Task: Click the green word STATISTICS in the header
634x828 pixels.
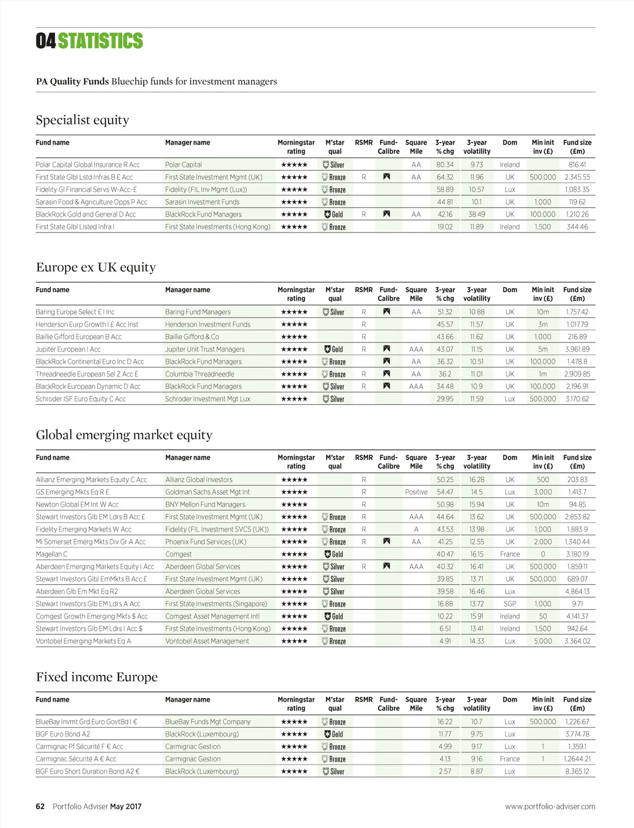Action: pyautogui.click(x=100, y=41)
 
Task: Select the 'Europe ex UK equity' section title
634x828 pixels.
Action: pyautogui.click(x=96, y=267)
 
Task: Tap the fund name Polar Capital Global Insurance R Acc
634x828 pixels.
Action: pyautogui.click(x=88, y=165)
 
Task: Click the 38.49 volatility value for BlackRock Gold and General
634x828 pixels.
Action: pyautogui.click(x=477, y=215)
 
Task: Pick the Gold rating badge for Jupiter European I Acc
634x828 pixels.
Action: pyautogui.click(x=334, y=349)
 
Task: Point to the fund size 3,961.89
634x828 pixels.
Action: pyautogui.click(x=577, y=349)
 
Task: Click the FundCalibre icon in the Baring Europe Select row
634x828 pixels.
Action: pyautogui.click(x=387, y=312)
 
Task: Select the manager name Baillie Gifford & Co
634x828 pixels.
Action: pyautogui.click(x=192, y=337)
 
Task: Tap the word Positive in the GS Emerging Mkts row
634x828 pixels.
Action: pyautogui.click(x=416, y=492)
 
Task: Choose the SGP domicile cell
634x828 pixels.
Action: pyautogui.click(x=510, y=604)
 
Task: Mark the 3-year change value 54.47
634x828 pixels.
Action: pyautogui.click(x=445, y=492)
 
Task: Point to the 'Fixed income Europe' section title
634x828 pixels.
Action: pyautogui.click(x=97, y=677)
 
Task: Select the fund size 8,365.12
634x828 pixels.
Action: pyautogui.click(x=577, y=771)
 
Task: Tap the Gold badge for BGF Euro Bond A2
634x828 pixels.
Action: pyautogui.click(x=334, y=734)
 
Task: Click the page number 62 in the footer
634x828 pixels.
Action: pyautogui.click(x=40, y=806)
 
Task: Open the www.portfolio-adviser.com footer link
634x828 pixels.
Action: pyautogui.click(x=550, y=806)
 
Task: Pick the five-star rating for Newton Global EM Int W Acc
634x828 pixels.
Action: pyautogui.click(x=294, y=505)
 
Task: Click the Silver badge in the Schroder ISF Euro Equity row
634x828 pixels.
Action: pyautogui.click(x=334, y=399)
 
